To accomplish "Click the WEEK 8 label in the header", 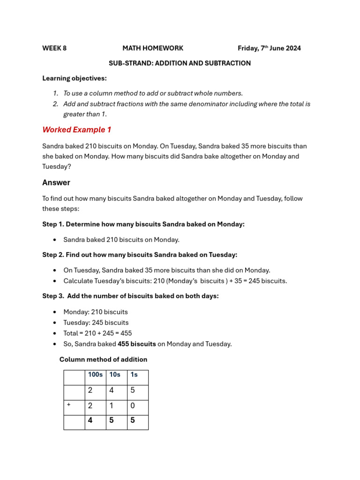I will pyautogui.click(x=54, y=48).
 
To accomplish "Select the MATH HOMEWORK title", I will pyautogui.click(x=153, y=48).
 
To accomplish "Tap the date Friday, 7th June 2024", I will pyautogui.click(x=269, y=48).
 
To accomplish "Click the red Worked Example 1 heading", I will pyautogui.click(x=76, y=129).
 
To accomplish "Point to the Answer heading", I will pyautogui.click(x=56, y=182).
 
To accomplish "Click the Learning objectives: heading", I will pyautogui.click(x=75, y=78).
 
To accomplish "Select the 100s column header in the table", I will pyautogui.click(x=95, y=375).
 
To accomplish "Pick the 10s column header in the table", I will pyautogui.click(x=115, y=375).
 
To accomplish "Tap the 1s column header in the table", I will pyautogui.click(x=134, y=375).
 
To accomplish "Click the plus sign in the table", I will pyautogui.click(x=68, y=405).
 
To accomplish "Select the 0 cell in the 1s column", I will pyautogui.click(x=133, y=406).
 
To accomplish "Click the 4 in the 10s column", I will pyautogui.click(x=112, y=390).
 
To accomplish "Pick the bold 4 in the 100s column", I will pyautogui.click(x=90, y=420).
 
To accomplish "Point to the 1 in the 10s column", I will pyautogui.click(x=112, y=406).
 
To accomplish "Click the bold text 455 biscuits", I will pyautogui.click(x=137, y=344).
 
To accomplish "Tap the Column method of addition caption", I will pyautogui.click(x=103, y=360).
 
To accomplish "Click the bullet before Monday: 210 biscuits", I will pyautogui.click(x=55, y=312).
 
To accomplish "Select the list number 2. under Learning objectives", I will pyautogui.click(x=55, y=104).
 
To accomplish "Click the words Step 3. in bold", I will pyautogui.click(x=53, y=296).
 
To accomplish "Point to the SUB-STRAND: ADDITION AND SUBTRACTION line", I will pyautogui.click(x=180, y=63).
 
